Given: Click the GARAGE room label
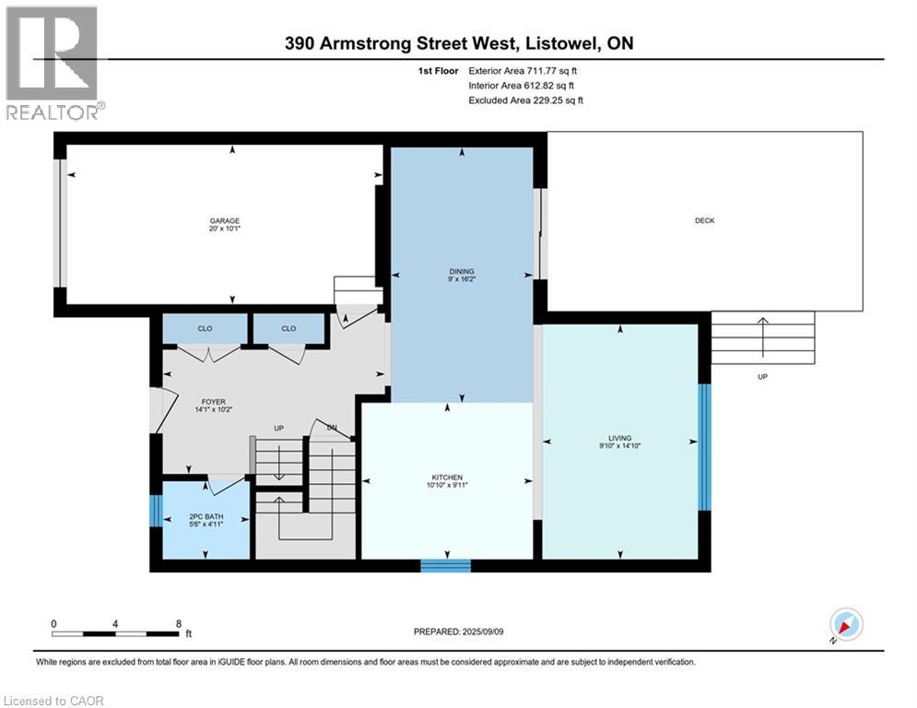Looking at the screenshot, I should [225, 220].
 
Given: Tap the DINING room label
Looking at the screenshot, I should [462, 271].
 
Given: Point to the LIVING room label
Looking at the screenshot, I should [619, 439].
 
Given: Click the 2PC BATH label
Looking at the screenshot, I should [206, 516].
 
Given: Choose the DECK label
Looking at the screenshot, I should [704, 220].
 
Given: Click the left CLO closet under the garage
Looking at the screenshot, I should [205, 328].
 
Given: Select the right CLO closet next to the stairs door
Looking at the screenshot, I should [288, 328].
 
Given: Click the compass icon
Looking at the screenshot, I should [845, 625].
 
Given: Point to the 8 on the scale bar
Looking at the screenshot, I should [178, 623].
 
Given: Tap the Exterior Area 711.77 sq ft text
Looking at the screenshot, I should [523, 70].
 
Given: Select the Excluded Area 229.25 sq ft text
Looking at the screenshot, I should [526, 100].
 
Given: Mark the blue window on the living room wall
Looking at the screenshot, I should [704, 446].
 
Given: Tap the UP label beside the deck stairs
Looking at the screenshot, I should [762, 377].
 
